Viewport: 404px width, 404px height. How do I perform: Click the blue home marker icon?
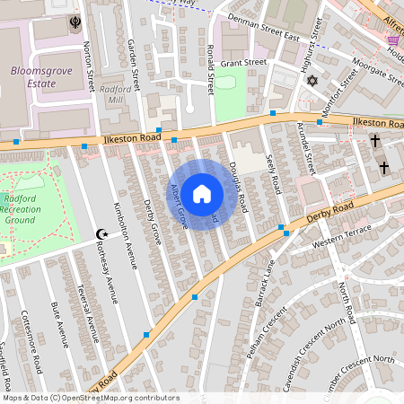pos(202,194)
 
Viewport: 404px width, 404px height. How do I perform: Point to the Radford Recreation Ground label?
pos(28,210)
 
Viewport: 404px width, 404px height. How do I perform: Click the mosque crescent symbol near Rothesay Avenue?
pos(101,234)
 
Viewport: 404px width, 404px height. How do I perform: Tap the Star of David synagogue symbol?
pos(312,82)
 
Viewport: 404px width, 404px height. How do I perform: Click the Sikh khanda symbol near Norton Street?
pos(74,22)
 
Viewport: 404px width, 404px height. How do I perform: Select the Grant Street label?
pos(244,63)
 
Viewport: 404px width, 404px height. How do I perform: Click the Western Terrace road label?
pos(341,243)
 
